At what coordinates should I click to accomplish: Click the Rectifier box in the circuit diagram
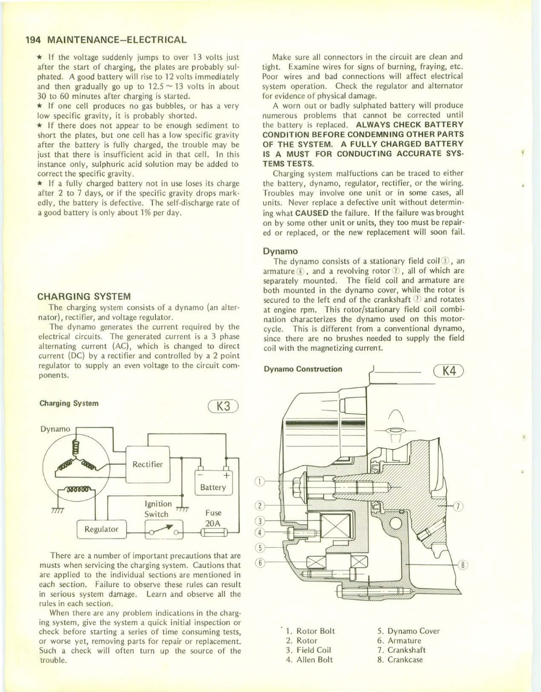pyautogui.click(x=147, y=464)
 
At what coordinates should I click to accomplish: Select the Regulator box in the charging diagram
pyautogui.click(x=102, y=528)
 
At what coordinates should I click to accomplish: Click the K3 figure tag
pyautogui.click(x=223, y=406)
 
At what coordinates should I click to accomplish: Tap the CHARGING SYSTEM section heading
pyautogui.click(x=85, y=296)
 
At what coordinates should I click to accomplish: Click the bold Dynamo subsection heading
pyautogui.click(x=280, y=251)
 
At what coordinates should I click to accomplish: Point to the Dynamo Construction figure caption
pyautogui.click(x=303, y=369)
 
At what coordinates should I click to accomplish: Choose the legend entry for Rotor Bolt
pyautogui.click(x=310, y=631)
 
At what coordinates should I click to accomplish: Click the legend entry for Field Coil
pyautogui.click(x=310, y=650)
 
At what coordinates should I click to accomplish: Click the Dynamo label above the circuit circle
pyautogui.click(x=55, y=428)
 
